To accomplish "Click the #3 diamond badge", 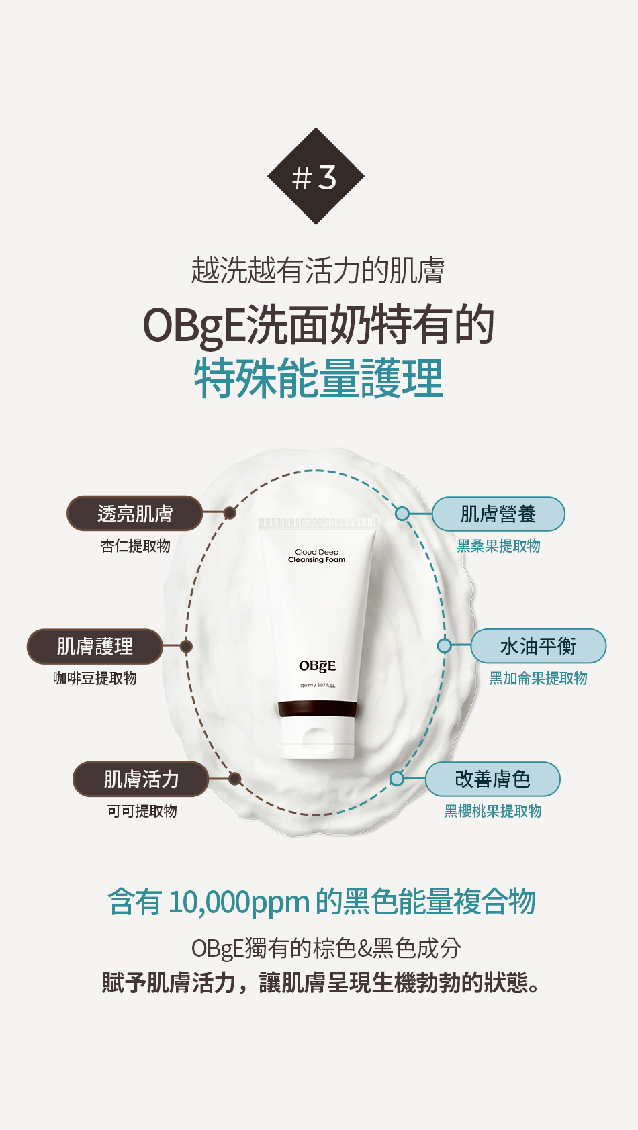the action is (316, 176).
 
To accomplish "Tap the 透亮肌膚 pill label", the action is (135, 513).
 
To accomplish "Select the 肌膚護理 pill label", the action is (95, 646).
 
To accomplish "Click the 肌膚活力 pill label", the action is (141, 779).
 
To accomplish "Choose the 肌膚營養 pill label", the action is (498, 514).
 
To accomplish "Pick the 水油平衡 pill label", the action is (538, 646).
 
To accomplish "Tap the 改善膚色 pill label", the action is (493, 779).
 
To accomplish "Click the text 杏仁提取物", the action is (135, 546).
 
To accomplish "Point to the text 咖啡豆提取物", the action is (95, 678).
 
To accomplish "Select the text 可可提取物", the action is (142, 811).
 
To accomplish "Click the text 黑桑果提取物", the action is (499, 546).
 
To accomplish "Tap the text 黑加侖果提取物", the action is (538, 678).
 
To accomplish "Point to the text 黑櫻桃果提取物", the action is (493, 811).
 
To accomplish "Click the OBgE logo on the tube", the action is (318, 666).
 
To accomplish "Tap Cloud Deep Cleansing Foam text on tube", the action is (317, 555).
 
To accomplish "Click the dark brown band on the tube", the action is (317, 709).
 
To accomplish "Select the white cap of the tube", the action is (317, 737).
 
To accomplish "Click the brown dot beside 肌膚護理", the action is (186, 646).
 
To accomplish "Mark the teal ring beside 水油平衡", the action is (444, 646).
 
